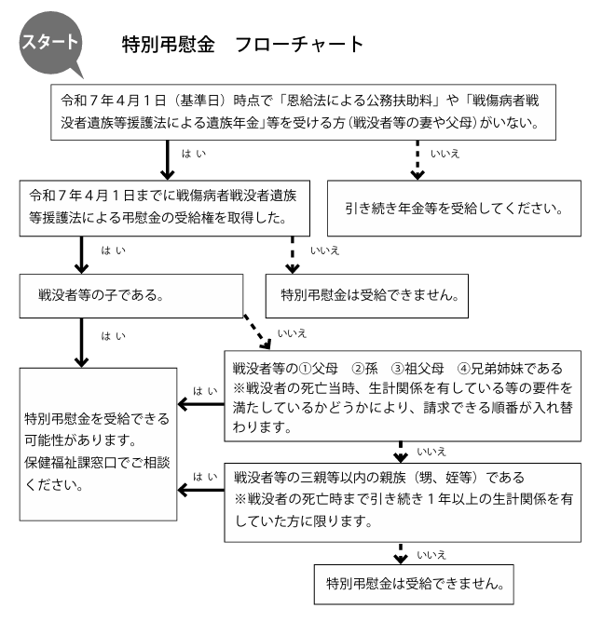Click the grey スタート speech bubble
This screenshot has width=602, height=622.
pyautogui.click(x=51, y=43)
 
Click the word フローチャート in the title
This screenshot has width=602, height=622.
pyautogui.click(x=299, y=44)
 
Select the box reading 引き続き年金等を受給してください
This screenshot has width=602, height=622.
pyautogui.click(x=454, y=209)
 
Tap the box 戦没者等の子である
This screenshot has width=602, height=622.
pyautogui.click(x=131, y=295)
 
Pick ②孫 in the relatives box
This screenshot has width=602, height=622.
pyautogui.click(x=364, y=369)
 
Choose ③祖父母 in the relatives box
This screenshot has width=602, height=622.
pyautogui.click(x=417, y=369)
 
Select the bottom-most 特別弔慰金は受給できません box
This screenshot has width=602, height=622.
pyautogui.click(x=414, y=585)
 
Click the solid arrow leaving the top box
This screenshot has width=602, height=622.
pyautogui.click(x=167, y=160)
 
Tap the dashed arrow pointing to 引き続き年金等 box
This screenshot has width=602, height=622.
pyautogui.click(x=417, y=160)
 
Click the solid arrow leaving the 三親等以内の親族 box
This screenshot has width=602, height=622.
pyautogui.click(x=201, y=491)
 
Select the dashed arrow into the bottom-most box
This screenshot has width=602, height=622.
pyautogui.click(x=401, y=553)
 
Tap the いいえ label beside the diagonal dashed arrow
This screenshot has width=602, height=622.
pyautogui.click(x=292, y=333)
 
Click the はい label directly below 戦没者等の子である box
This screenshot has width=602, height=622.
pyautogui.click(x=113, y=336)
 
